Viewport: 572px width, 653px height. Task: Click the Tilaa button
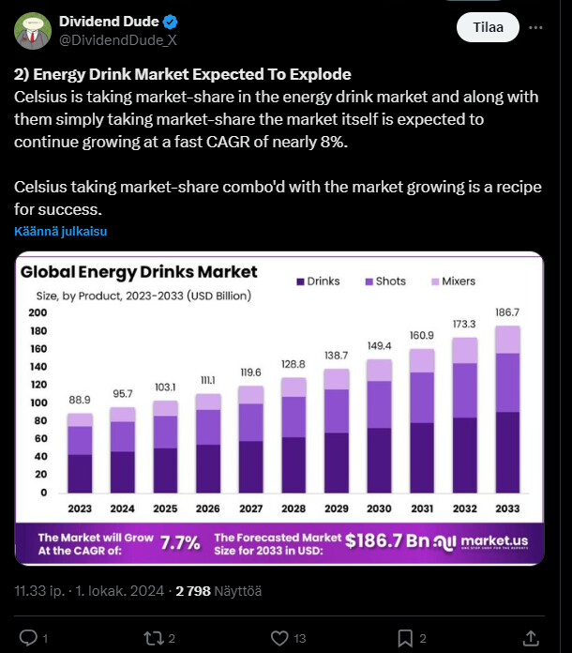[x=488, y=28]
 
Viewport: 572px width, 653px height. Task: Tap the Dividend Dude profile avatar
[x=33, y=30]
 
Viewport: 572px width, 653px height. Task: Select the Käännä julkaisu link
[x=60, y=231]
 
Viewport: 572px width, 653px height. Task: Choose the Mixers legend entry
[x=453, y=281]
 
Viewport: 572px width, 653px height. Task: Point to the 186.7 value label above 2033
[x=507, y=311]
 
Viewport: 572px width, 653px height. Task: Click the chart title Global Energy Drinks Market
[x=139, y=272]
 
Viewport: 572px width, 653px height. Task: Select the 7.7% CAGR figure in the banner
[x=179, y=542]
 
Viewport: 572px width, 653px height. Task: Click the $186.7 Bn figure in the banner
[x=386, y=541]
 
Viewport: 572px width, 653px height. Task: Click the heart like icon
[x=279, y=638]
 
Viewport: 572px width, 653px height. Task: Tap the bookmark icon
[x=405, y=638]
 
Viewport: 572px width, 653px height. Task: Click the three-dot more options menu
[x=535, y=28]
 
